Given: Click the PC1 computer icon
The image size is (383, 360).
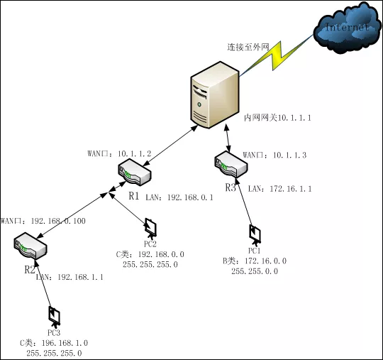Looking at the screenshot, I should pyautogui.click(x=254, y=234).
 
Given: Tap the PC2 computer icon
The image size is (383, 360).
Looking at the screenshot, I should pyautogui.click(x=150, y=227).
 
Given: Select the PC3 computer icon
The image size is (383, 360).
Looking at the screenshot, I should pyautogui.click(x=53, y=315).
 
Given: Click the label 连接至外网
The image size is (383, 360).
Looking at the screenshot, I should pyautogui.click(x=248, y=47).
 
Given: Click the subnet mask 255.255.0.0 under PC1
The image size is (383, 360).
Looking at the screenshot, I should pyautogui.click(x=254, y=271).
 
